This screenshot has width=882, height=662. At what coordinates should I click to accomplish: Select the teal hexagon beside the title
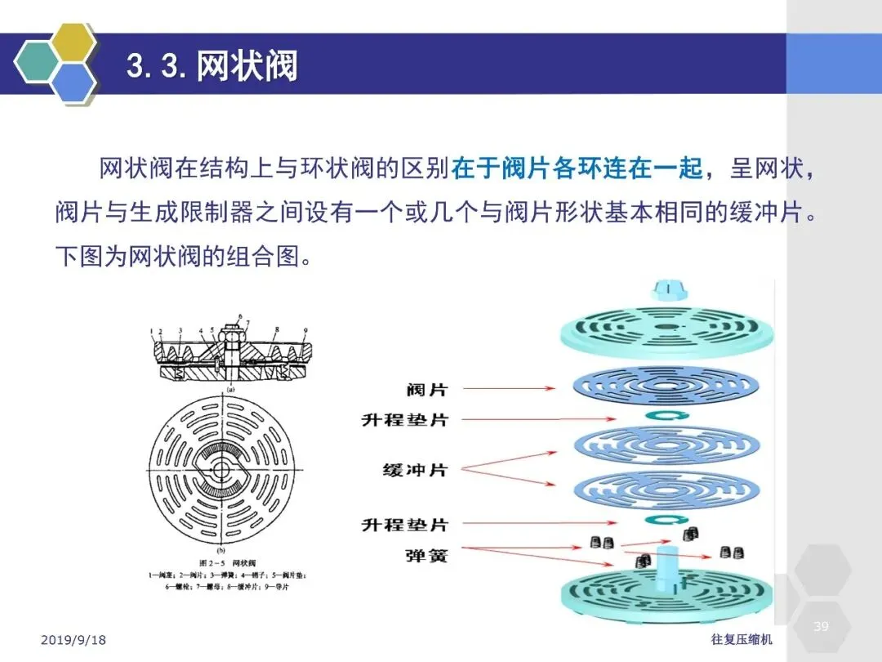tap(38, 63)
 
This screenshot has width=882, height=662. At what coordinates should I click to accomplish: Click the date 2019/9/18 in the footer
tap(73, 640)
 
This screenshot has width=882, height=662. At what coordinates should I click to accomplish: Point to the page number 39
tap(822, 627)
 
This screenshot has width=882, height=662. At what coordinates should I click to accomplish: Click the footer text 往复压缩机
tap(742, 640)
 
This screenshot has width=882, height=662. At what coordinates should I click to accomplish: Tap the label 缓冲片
tap(415, 470)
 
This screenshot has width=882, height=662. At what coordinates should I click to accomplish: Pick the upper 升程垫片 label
tap(405, 420)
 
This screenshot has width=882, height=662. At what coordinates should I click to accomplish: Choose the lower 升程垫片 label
tap(405, 524)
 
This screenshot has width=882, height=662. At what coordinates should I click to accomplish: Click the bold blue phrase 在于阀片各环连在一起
tap(577, 168)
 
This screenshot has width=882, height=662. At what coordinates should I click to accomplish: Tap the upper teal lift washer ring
tap(663, 417)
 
